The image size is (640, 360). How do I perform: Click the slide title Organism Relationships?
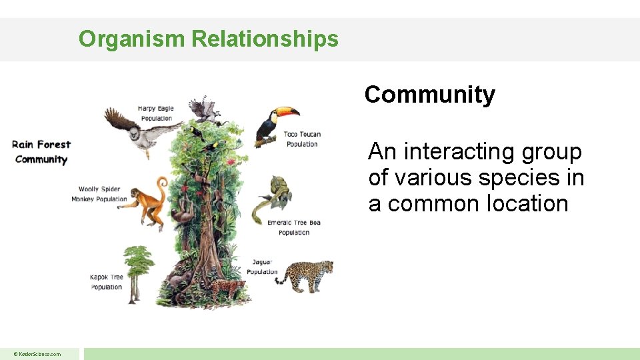[208, 39]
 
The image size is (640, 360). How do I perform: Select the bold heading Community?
[429, 95]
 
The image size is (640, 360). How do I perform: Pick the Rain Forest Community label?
[41, 151]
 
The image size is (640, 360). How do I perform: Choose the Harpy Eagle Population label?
[155, 113]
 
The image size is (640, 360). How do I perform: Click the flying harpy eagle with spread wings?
[140, 130]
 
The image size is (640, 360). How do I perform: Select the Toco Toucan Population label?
[302, 139]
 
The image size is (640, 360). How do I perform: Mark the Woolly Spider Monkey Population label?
[99, 194]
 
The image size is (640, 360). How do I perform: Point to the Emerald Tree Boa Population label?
[293, 227]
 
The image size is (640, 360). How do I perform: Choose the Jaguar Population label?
[262, 267]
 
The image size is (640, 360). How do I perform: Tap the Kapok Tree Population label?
[107, 282]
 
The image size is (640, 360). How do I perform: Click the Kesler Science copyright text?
[38, 354]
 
